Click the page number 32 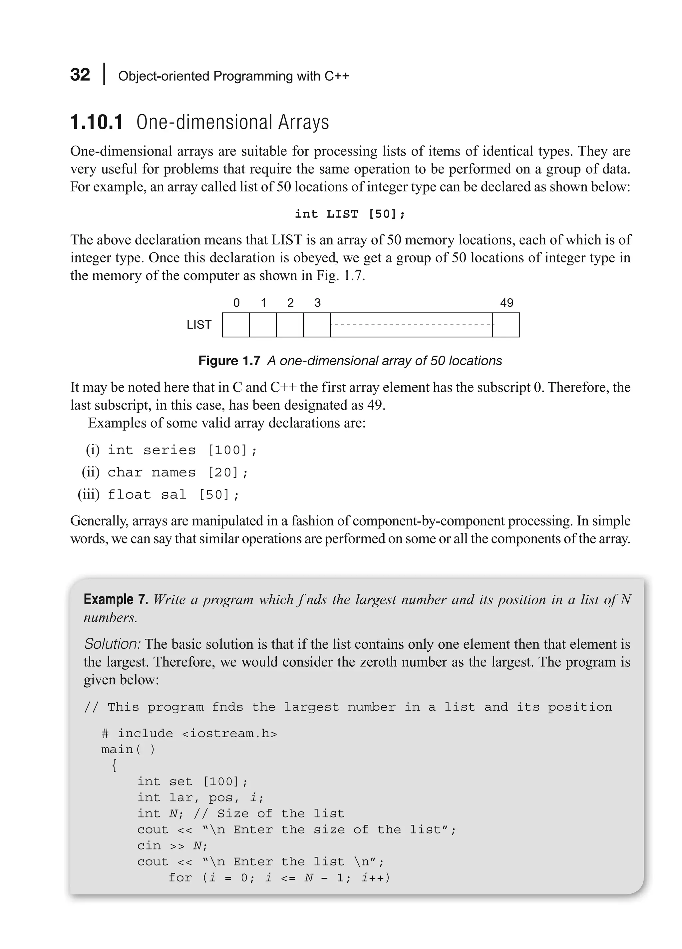coord(80,75)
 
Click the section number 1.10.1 coord(97,123)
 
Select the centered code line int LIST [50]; coord(350,214)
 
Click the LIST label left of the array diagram coord(199,325)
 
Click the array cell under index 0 coord(235,325)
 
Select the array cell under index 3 coord(317,325)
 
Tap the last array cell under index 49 coord(506,325)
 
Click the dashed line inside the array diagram coord(411,325)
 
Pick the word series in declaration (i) coord(169,450)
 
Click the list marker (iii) coord(89,494)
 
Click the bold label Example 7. coord(116,600)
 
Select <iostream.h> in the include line coord(229,734)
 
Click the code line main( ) coord(128,750)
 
